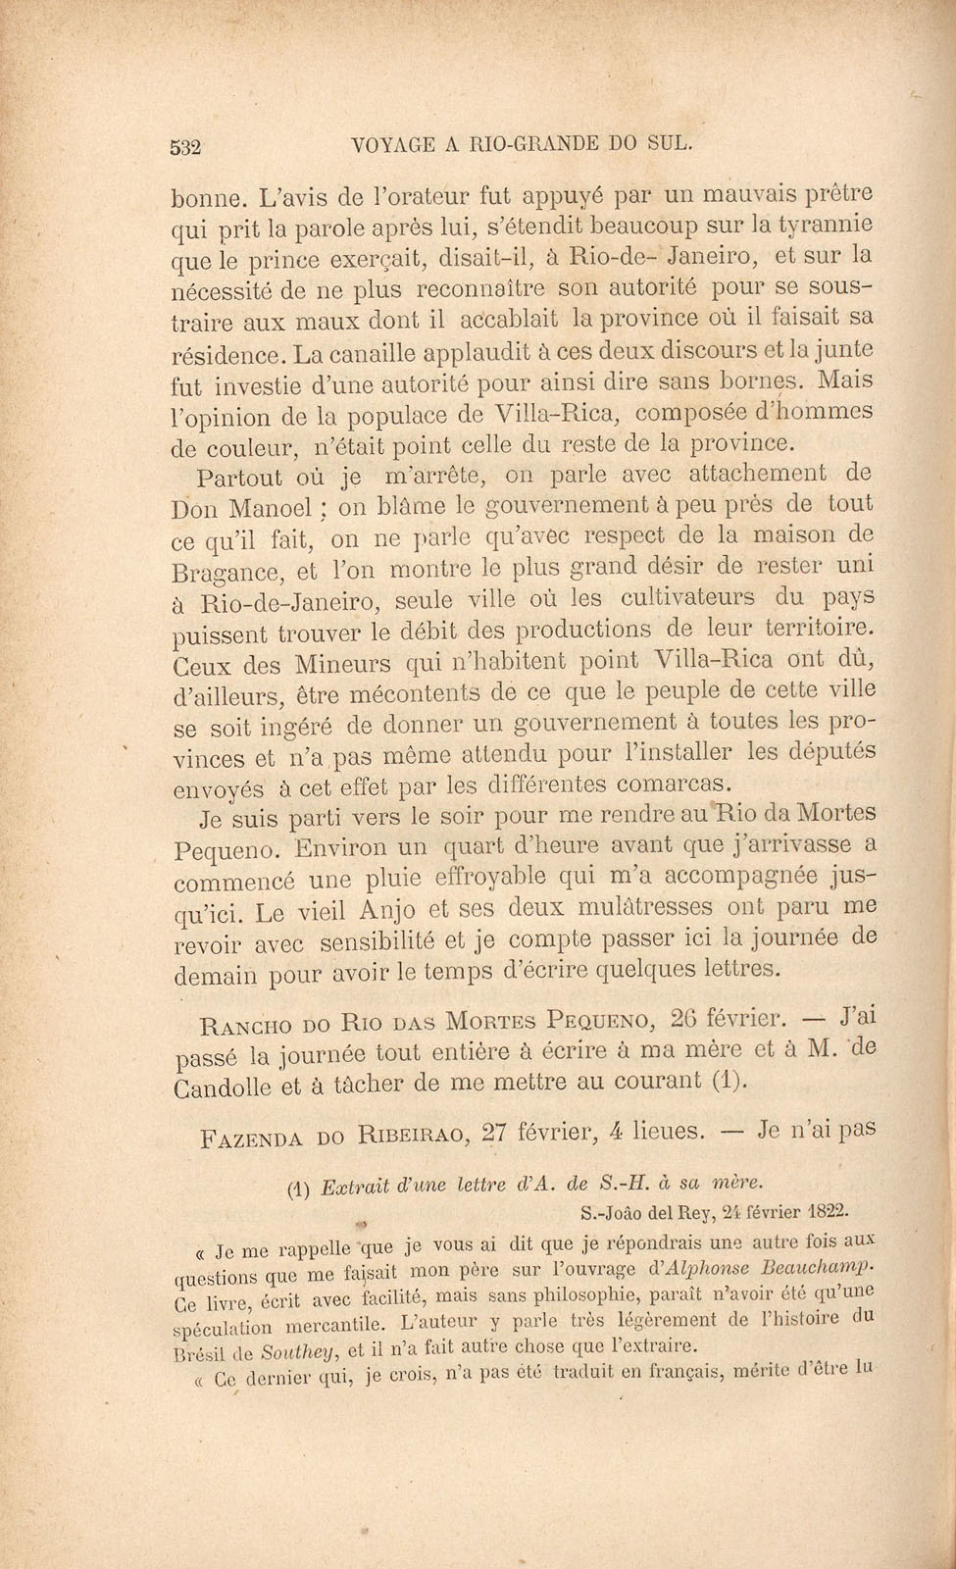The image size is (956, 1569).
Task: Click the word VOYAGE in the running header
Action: tap(390, 145)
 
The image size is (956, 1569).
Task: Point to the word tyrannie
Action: tap(823, 226)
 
